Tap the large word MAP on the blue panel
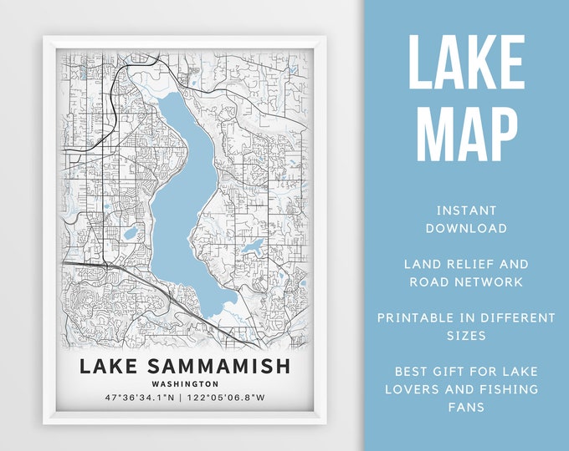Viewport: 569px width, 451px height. [466, 131]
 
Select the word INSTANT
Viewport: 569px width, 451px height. [466, 210]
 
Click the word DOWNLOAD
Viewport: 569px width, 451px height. [466, 228]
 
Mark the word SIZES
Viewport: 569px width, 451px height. [466, 336]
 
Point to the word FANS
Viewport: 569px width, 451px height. [466, 408]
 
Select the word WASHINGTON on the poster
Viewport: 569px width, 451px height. [186, 384]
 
